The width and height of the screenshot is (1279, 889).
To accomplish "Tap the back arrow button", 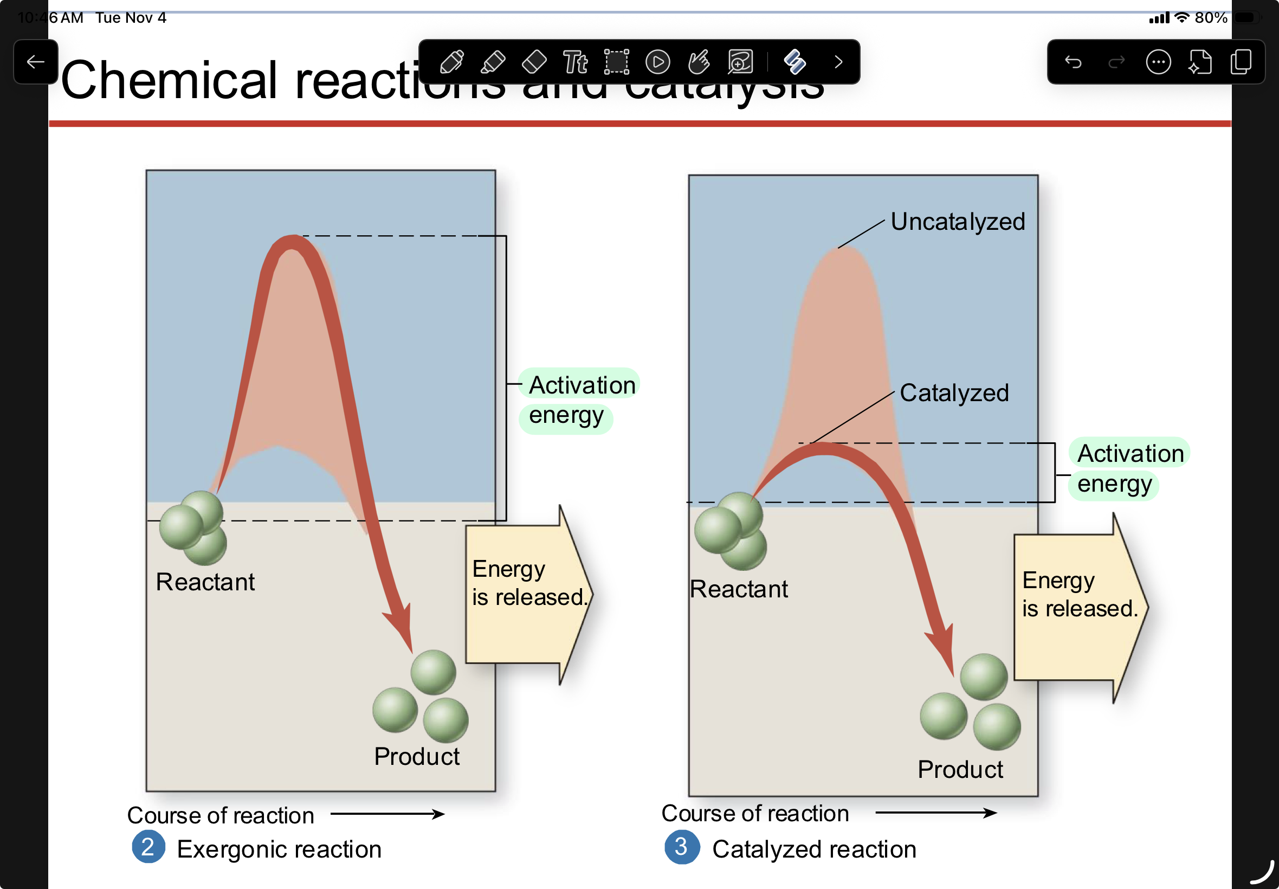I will click(x=36, y=62).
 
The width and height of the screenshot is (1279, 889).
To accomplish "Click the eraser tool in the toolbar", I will click(x=534, y=62).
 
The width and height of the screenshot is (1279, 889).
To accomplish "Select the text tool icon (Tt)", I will click(x=575, y=62).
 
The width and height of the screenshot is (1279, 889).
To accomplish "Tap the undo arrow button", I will click(x=1073, y=62).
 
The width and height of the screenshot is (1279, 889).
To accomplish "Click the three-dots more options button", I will click(x=1158, y=62).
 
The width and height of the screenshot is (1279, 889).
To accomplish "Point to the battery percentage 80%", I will click(x=1211, y=18).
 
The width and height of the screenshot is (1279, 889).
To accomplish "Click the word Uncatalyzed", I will click(x=958, y=222).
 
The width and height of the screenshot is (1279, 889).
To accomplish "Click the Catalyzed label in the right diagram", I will click(x=954, y=392).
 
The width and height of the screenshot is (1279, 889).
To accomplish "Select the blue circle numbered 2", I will click(x=148, y=847).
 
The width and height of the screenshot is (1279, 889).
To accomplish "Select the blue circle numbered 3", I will click(x=682, y=847).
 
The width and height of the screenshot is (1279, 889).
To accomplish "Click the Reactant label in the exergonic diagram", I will click(x=205, y=582).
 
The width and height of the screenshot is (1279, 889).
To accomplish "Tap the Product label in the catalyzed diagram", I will click(x=960, y=769).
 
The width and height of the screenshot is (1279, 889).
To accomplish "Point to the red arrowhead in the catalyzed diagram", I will click(x=943, y=649).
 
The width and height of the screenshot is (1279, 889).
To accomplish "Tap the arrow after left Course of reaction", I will click(x=387, y=814).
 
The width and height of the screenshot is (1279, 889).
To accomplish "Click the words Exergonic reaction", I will click(x=279, y=849).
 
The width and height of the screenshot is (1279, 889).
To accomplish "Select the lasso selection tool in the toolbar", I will click(x=616, y=62).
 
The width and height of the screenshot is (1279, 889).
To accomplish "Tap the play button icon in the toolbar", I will click(x=657, y=62).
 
